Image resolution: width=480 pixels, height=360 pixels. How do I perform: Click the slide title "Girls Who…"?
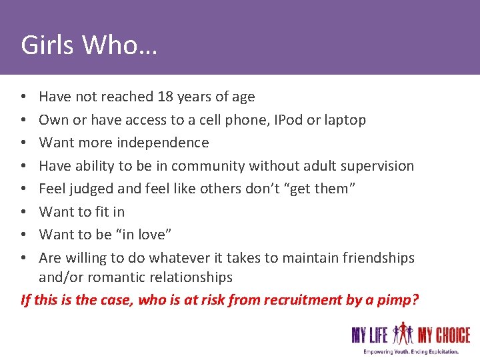point(89,45)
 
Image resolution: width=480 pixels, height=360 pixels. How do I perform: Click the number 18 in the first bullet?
point(165,97)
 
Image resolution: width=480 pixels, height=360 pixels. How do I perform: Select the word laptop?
point(345,120)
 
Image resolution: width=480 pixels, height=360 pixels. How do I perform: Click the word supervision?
point(377,166)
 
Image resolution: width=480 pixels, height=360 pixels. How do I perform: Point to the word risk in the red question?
point(207,299)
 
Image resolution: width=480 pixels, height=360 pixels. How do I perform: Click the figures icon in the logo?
point(404,333)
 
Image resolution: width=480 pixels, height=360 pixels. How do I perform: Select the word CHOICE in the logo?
point(453,335)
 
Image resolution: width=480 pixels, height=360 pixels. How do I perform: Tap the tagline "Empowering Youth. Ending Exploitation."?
point(411,351)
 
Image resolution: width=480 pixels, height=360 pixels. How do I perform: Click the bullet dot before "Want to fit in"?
point(24,212)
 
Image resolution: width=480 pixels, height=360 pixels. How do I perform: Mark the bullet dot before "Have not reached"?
point(24,97)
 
